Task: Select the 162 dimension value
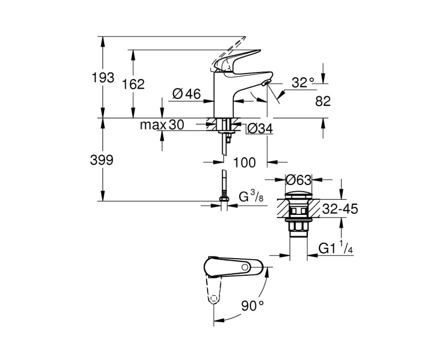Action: coord(133,84)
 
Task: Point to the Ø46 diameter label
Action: coord(186,94)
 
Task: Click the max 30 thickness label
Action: coord(161,125)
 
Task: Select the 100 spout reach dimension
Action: coord(244,162)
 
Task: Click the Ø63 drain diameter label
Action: coord(298,179)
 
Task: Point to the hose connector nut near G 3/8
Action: coord(224,199)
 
